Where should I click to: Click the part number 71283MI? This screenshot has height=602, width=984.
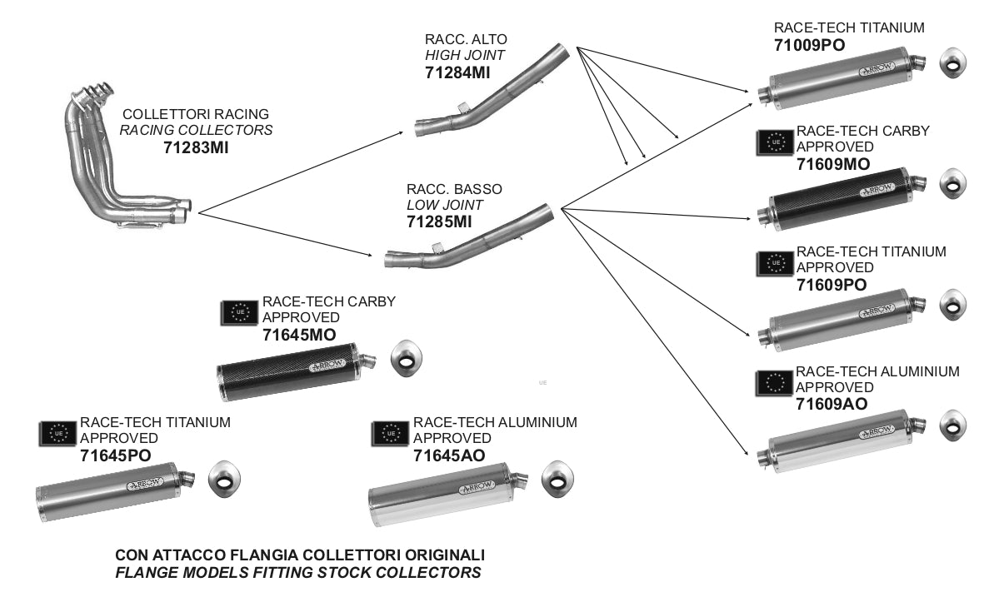(x=196, y=148)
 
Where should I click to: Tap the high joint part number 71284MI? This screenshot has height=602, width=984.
(x=457, y=73)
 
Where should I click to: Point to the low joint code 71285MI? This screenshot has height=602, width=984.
(x=439, y=221)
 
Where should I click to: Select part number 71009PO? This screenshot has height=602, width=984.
(x=810, y=45)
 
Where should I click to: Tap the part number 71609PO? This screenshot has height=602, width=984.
(x=832, y=285)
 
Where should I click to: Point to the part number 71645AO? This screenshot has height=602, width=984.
(x=449, y=455)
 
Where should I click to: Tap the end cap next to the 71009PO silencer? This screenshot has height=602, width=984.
(x=952, y=63)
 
